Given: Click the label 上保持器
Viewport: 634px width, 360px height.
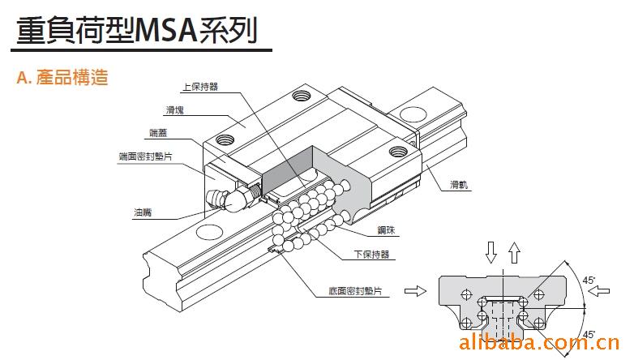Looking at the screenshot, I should pyautogui.click(x=201, y=87).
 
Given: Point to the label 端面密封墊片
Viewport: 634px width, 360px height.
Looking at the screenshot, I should pyautogui.click(x=145, y=156).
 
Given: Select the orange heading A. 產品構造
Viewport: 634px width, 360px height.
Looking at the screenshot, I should pyautogui.click(x=62, y=79).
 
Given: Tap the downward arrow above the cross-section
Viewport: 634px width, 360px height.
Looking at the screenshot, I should pyautogui.click(x=490, y=253).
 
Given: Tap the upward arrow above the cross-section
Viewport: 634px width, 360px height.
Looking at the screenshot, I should pyautogui.click(x=512, y=251).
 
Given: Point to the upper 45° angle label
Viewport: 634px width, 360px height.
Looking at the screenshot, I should pyautogui.click(x=589, y=281).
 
